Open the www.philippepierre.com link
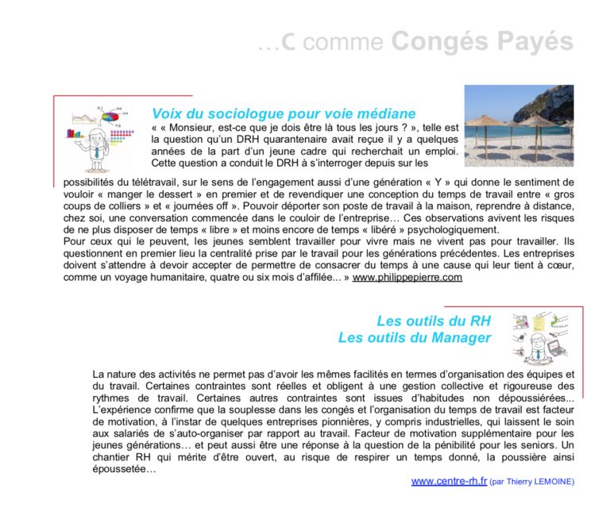pyautogui.click(x=407, y=278)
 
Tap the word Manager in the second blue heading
pyautogui.click(x=461, y=338)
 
